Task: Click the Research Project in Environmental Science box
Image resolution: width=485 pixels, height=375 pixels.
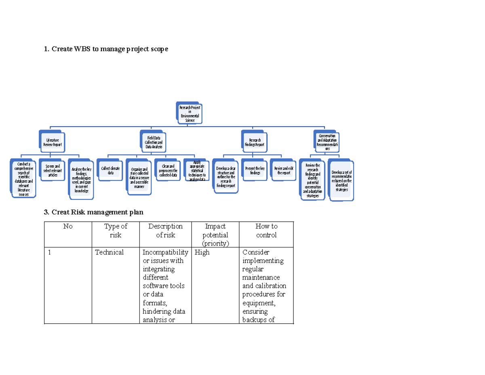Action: [189, 113]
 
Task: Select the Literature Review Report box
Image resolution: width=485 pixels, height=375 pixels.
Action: [52, 142]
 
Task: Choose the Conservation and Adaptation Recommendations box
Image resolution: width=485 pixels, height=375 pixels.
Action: [327, 142]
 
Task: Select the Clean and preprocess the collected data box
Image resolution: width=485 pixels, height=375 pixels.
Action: [168, 170]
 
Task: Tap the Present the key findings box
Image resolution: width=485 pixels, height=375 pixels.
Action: [255, 170]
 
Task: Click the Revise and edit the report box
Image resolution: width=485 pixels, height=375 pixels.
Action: [284, 170]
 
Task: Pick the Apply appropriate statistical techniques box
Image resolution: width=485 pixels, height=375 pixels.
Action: [197, 170]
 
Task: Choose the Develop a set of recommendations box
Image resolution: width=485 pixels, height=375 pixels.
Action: [342, 180]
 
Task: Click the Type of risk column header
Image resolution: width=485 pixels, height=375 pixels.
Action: [116, 231]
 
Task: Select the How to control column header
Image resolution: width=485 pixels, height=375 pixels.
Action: [266, 231]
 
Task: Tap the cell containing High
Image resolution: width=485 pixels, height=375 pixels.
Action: [202, 252]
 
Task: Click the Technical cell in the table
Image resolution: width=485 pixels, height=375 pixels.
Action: [109, 252]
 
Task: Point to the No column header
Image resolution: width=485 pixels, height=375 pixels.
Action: [68, 227]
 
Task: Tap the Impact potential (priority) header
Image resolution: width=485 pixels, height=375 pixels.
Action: [215, 235]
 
